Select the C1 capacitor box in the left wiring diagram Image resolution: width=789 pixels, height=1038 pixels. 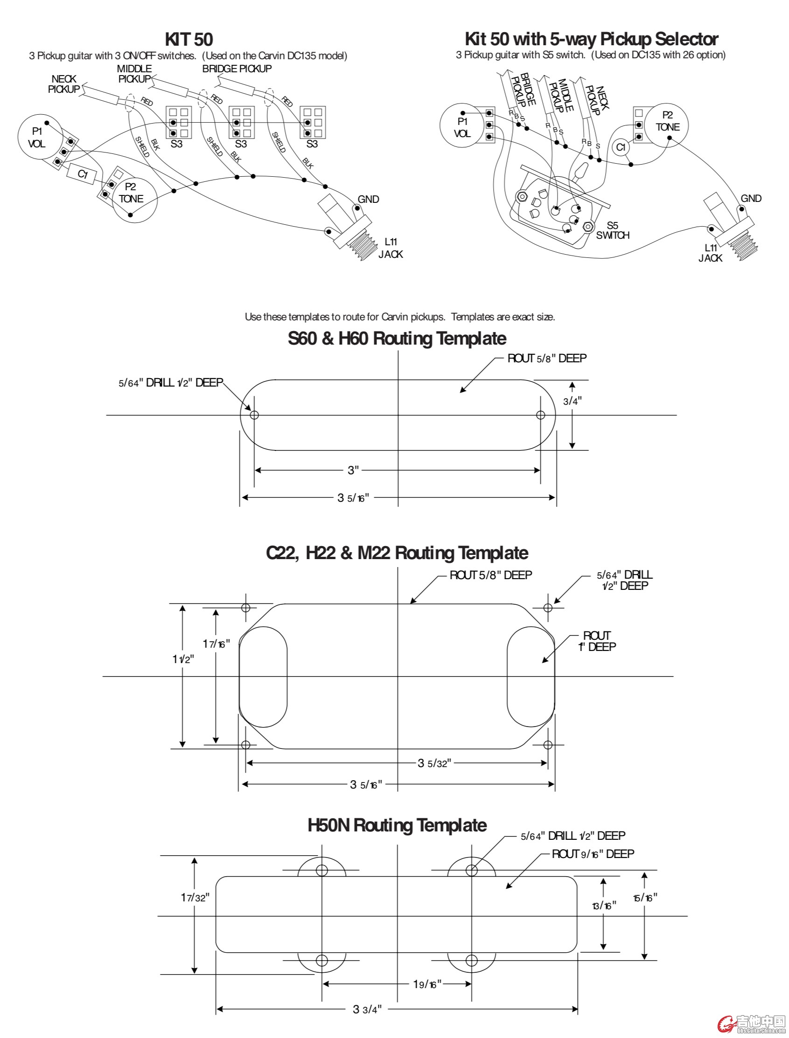[83, 174]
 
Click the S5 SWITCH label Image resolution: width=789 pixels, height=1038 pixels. [613, 230]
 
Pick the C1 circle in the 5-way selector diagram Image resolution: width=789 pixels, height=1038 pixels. [621, 147]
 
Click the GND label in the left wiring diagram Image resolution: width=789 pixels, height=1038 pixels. [368, 200]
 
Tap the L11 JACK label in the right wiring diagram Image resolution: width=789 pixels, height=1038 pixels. [710, 253]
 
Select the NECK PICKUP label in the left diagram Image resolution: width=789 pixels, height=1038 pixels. [64, 84]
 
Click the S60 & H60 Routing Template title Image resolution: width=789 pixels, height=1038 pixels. [397, 339]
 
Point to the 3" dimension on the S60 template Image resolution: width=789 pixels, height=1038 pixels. [353, 470]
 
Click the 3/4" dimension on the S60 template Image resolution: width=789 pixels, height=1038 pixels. [573, 401]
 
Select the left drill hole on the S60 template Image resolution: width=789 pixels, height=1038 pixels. [255, 415]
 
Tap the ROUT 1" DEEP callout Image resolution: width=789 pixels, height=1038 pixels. [596, 641]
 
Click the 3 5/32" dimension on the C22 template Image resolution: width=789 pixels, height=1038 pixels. [434, 763]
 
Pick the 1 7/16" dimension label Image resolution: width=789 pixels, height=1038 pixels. [216, 644]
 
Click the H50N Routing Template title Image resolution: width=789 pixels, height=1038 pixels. [397, 825]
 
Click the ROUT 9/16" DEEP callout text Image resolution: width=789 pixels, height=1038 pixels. [593, 854]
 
